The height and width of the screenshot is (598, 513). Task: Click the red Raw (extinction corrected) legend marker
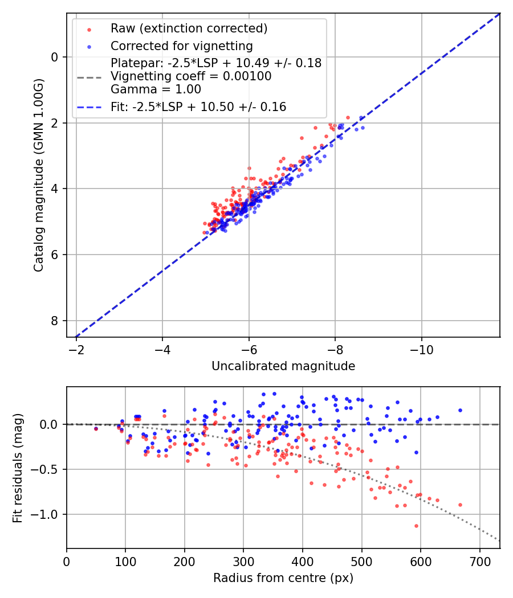click(x=89, y=29)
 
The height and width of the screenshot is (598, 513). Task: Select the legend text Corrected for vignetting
click(x=181, y=46)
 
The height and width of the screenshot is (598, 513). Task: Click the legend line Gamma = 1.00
click(x=156, y=89)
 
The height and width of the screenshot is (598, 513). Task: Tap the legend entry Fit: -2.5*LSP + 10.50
click(x=198, y=107)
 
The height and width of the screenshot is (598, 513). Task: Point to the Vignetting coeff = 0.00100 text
click(x=191, y=76)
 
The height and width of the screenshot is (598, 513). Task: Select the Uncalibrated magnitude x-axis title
click(x=283, y=366)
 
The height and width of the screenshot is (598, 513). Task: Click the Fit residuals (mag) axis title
click(x=18, y=468)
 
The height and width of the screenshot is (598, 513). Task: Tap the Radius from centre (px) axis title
click(x=283, y=578)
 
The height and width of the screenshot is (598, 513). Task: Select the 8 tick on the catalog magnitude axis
click(x=55, y=321)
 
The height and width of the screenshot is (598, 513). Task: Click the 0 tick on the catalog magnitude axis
click(x=55, y=57)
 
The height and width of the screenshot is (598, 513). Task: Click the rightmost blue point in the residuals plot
click(x=460, y=410)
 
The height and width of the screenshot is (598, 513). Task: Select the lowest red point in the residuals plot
click(x=416, y=526)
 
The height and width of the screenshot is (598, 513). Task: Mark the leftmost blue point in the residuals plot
click(x=96, y=428)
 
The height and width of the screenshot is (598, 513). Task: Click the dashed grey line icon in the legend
click(x=89, y=76)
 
